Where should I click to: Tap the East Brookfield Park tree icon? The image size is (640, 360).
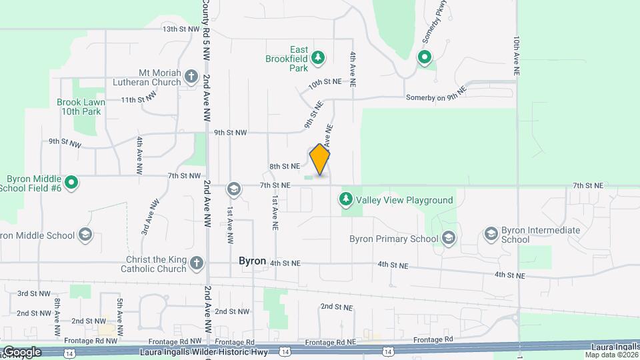click(x=319, y=58)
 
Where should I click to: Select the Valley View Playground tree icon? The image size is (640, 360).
click(x=345, y=199)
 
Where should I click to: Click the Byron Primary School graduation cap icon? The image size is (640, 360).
click(x=449, y=238)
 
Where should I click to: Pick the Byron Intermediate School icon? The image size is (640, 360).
click(x=491, y=234)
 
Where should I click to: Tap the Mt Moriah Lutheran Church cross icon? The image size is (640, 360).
click(x=192, y=76)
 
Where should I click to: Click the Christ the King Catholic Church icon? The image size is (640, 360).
click(x=196, y=263)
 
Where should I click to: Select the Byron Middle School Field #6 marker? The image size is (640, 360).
click(x=71, y=182)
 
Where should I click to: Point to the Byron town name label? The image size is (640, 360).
click(x=253, y=262)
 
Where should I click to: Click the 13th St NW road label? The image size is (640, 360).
click(x=181, y=29)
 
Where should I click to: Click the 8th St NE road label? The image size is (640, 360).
click(x=285, y=166)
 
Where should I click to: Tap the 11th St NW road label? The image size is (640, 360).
click(x=139, y=100)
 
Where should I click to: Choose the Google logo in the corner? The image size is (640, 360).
click(x=21, y=351)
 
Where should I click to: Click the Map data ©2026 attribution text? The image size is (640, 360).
click(x=610, y=355)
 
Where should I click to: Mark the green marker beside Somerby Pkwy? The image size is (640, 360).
click(x=425, y=58)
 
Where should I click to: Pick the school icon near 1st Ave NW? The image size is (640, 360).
click(x=233, y=190)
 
